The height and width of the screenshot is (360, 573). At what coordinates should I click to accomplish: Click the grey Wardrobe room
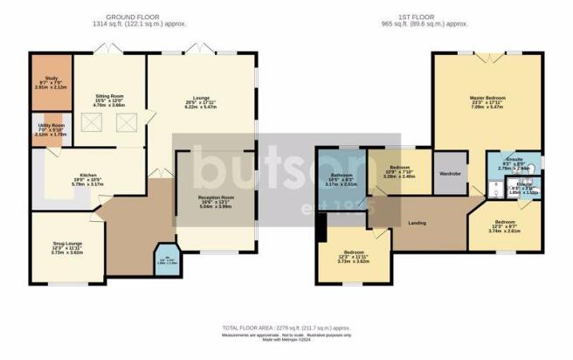(x=452, y=171)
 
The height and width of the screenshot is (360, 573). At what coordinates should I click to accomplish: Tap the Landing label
(x=418, y=224)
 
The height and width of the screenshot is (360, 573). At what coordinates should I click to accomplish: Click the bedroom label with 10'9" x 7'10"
(x=400, y=171)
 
